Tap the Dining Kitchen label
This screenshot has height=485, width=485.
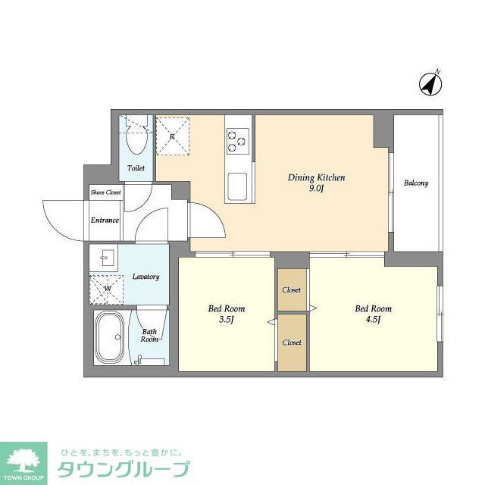316,178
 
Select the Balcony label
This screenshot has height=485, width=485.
416,183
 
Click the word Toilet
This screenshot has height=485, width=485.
136,168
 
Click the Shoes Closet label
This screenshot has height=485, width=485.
106,193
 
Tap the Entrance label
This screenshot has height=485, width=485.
105,221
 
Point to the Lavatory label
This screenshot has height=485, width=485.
145,277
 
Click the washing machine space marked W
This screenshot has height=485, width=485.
107,288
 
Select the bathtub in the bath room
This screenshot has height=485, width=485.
112,336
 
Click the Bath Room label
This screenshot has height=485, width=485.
149,335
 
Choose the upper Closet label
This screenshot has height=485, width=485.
292,290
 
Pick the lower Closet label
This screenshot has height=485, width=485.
292,343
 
